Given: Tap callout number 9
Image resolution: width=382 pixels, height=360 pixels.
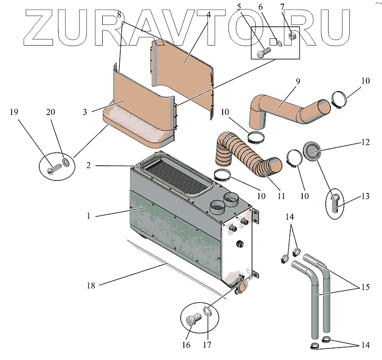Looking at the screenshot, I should coord(298,82).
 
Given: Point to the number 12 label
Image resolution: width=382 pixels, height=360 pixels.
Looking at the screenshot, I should coord(365,143).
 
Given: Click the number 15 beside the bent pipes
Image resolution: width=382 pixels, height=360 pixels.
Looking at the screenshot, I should coord(365,287).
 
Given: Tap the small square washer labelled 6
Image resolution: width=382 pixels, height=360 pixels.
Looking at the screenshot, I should coord(278,42).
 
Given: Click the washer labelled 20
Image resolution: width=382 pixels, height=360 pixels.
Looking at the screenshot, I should coord(65,162).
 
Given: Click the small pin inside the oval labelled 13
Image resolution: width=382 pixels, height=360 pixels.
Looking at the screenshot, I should coord(335,201).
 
